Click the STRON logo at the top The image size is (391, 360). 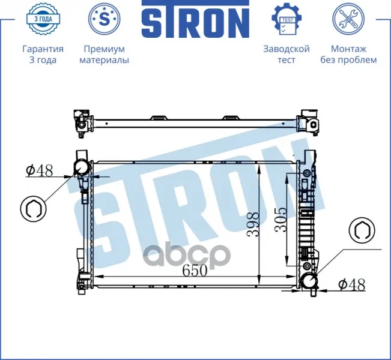[x=196, y=19]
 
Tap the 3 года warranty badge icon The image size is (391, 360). [x=43, y=19]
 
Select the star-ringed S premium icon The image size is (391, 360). [x=105, y=19]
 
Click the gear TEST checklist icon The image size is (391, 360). [x=286, y=19]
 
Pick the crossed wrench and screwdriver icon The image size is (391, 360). [x=348, y=19]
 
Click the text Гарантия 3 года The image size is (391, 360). [x=43, y=55]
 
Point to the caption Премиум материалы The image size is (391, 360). [x=105, y=55]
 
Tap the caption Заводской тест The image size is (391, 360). [x=286, y=55]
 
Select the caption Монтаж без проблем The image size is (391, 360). [x=348, y=55]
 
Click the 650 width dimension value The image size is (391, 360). [x=195, y=271]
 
